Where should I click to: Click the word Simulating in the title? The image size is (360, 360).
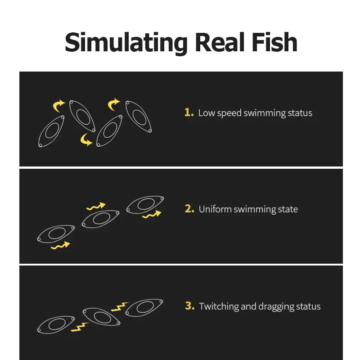coord(126,43)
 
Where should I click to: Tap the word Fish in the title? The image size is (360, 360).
coord(274,42)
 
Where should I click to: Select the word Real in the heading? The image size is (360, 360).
coord(220,42)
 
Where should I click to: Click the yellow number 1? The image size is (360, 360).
coord(189,112)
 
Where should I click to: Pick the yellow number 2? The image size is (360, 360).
coord(189,209)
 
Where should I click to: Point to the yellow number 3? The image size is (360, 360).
coord(189,306)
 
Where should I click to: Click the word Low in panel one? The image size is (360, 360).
coord(207,113)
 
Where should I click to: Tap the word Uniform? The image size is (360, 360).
coord(215,209)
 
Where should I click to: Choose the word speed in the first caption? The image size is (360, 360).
coord(229,113)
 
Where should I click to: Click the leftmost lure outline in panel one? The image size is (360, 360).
coord(51,131)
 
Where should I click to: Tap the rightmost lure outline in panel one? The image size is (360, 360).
coord(139,117)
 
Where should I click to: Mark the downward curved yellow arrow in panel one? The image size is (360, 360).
coord(85,139)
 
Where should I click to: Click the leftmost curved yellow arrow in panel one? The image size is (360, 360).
coord(58,106)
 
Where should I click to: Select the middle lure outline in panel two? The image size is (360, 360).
coord(100,219)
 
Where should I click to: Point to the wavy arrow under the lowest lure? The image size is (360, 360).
coord(60,246)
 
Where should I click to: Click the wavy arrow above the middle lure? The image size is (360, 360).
coord(96,206)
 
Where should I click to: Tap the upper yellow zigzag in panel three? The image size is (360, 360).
coord(120,307)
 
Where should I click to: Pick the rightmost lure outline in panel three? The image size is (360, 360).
coord(144,308)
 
